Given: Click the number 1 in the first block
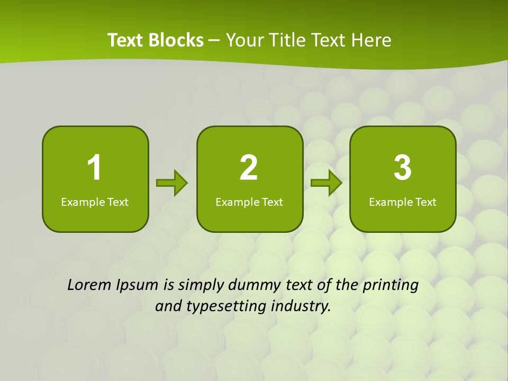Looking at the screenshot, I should pos(94,168).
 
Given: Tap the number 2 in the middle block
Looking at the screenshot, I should pos(249,168).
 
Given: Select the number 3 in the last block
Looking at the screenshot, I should pos(403,168).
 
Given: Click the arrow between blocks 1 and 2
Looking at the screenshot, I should pos(172,183).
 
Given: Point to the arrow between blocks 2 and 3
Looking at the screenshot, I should pos(326,183).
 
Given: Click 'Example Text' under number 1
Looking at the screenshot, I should pos(95,202).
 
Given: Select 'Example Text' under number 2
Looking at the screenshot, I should pos(249,202).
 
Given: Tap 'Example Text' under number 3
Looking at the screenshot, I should pos(403,202).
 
